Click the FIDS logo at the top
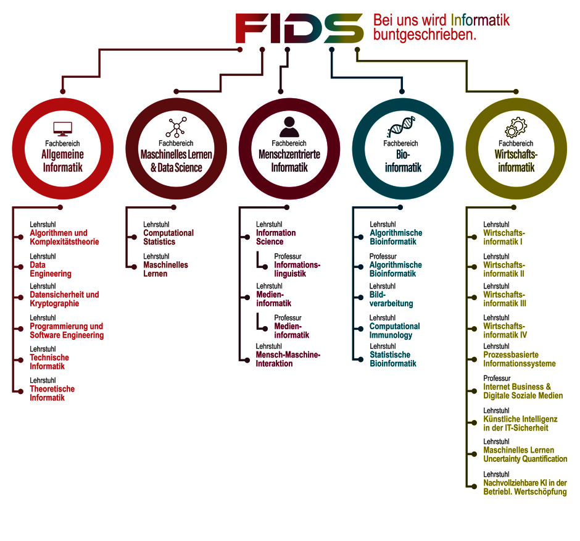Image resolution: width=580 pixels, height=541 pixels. [299, 28]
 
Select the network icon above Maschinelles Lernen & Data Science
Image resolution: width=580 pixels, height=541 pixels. [176, 127]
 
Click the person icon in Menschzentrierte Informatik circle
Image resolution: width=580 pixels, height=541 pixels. [289, 127]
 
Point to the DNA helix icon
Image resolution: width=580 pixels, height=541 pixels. [401, 127]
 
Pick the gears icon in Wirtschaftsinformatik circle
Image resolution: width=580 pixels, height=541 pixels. [516, 127]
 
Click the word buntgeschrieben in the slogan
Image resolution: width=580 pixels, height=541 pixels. [425, 35]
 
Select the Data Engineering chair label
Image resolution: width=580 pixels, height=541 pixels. [51, 269]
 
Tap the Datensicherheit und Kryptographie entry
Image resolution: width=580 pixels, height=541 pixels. [64, 299]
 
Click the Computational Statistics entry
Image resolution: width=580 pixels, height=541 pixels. [168, 237]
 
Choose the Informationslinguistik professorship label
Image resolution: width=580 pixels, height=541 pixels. [297, 269]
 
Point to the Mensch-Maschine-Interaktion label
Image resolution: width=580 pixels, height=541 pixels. [288, 359]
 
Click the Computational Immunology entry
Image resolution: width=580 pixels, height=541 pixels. [395, 330]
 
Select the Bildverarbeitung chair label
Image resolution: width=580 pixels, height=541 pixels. [391, 299]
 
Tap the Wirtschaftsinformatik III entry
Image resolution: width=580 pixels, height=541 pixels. [505, 299]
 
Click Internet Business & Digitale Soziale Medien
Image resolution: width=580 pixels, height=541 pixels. [523, 391]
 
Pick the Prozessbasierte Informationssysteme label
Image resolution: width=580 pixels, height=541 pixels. [520, 359]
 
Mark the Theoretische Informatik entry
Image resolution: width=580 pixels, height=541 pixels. [52, 393]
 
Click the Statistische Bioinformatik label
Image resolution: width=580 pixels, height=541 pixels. [393, 359]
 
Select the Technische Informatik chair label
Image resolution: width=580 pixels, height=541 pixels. [49, 362]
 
